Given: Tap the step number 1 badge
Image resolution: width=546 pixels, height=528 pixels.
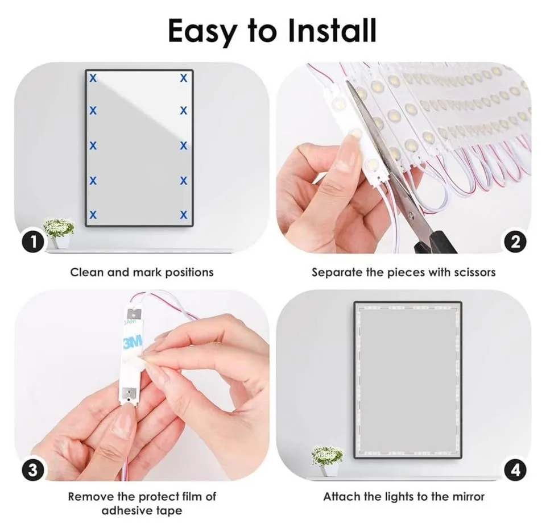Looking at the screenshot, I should point(34,243).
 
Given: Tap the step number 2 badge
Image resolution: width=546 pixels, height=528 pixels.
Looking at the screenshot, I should point(514,243).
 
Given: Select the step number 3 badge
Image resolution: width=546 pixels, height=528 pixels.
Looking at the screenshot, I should point(34,470).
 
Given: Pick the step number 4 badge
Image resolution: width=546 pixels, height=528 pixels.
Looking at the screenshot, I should point(514,470).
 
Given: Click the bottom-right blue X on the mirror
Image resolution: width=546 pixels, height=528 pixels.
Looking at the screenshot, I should point(183,215).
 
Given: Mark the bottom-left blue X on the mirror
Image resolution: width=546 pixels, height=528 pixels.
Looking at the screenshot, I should point(93,215).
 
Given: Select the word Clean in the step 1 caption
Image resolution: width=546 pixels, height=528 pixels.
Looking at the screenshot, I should point(86,272).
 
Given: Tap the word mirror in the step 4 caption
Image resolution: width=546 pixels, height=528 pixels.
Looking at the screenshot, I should point(466,496).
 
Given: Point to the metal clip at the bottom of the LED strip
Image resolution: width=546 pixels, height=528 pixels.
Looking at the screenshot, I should point(129,393).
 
